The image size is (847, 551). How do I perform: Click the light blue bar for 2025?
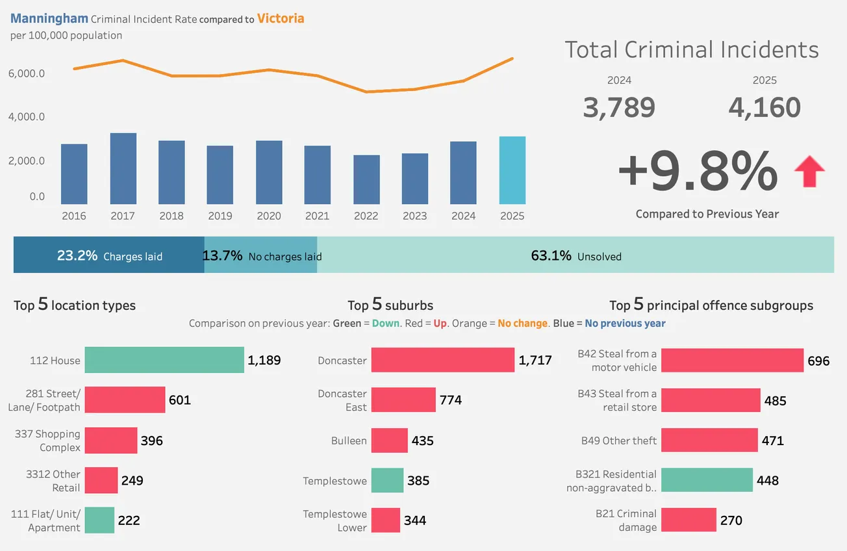pos(512,170)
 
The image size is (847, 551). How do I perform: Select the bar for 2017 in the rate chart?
pos(123,168)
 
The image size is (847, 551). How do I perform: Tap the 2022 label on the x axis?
pos(366,216)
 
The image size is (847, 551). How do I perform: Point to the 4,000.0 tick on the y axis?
pos(27,117)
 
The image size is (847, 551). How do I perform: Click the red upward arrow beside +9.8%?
pos(809,172)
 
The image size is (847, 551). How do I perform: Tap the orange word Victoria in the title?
pos(280,18)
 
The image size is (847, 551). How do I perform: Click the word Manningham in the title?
pos(49,18)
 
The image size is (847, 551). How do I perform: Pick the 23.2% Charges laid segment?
pos(109,255)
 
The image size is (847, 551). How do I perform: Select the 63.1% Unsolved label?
pos(576,256)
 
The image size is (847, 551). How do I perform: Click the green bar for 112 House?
pos(164,360)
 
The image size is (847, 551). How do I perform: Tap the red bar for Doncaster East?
pos(403,400)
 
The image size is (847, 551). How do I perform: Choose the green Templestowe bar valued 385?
pos(387,481)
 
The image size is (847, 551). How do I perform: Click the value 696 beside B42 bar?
pos(818,361)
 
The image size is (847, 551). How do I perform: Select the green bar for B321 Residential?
pos(706,481)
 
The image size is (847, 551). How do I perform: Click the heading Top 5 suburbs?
pos(390,305)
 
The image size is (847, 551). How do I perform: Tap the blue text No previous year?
pos(625,323)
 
